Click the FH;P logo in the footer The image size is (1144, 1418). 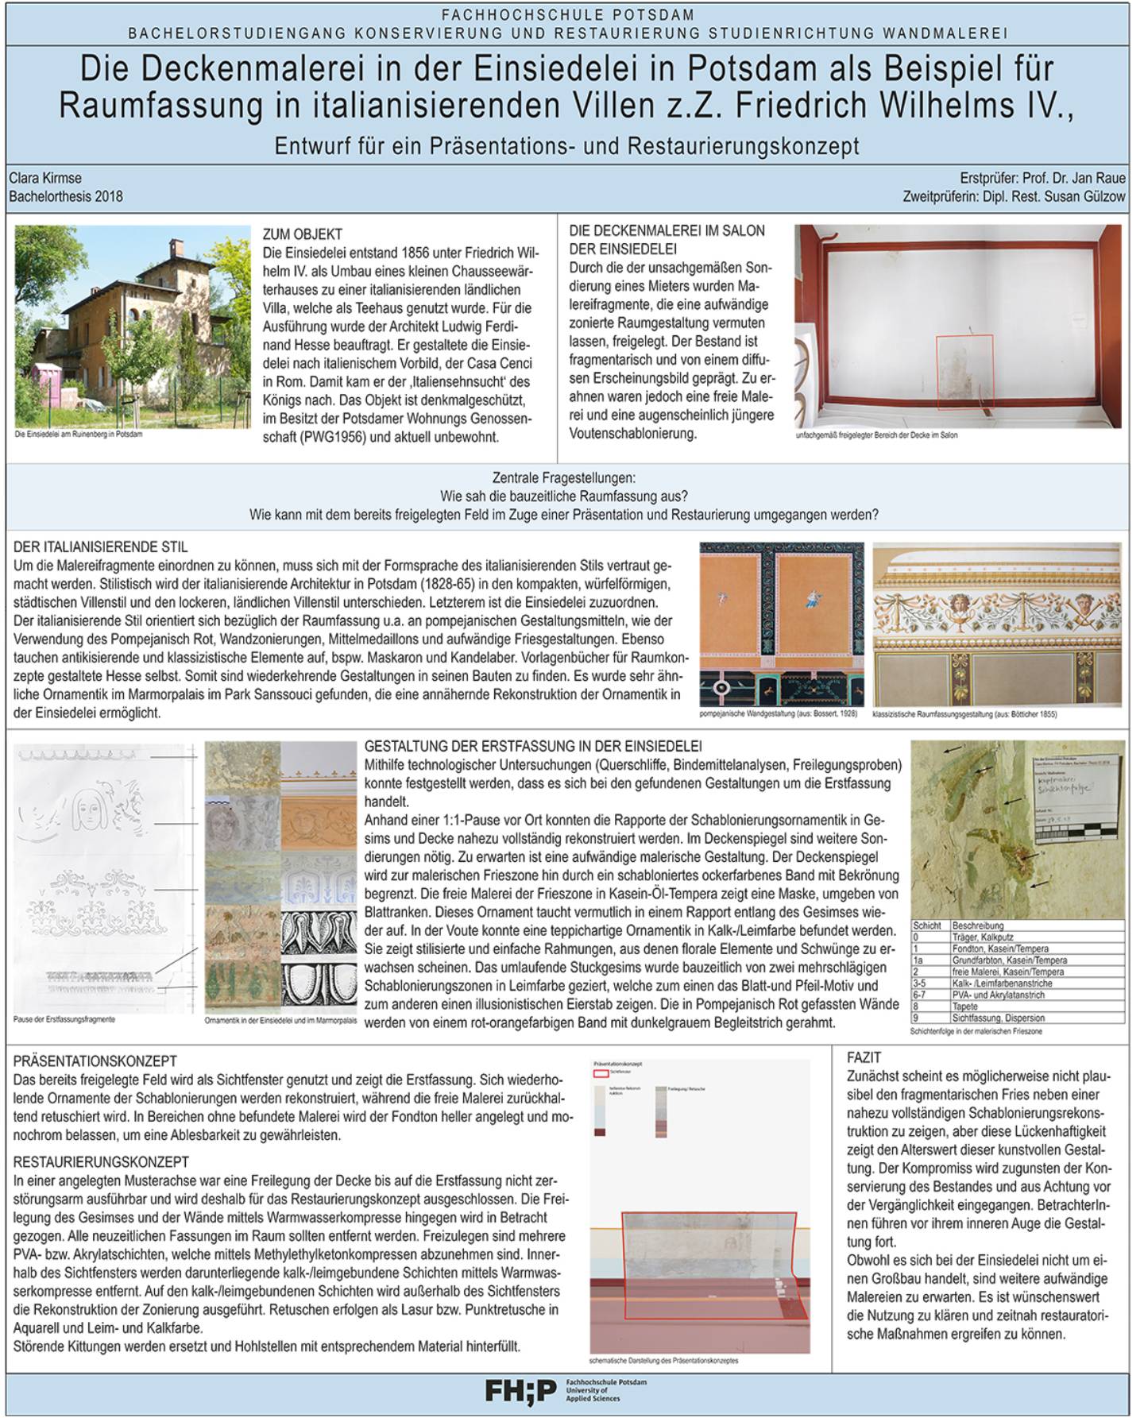tap(520, 1390)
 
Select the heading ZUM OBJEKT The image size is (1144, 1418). tap(303, 234)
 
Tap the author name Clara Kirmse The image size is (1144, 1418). tap(45, 178)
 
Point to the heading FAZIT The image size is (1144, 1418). tap(864, 1057)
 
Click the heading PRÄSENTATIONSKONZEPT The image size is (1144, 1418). tap(95, 1061)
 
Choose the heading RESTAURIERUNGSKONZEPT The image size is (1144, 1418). tap(102, 1162)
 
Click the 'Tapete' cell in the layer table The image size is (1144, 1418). tap(964, 1006)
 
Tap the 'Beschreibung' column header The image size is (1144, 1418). tap(978, 925)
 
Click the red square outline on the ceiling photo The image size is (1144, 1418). tap(964, 372)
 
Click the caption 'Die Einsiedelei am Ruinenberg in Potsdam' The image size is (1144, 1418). tap(79, 435)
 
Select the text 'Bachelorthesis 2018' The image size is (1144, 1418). tap(66, 196)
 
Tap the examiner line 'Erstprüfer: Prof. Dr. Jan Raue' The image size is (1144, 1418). tap(1042, 178)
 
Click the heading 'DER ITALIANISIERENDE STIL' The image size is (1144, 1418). tap(101, 547)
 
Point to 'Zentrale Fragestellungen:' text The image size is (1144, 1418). tap(563, 478)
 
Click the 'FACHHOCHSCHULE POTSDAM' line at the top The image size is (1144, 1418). tap(567, 15)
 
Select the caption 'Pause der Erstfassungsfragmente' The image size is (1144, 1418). tap(64, 1019)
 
